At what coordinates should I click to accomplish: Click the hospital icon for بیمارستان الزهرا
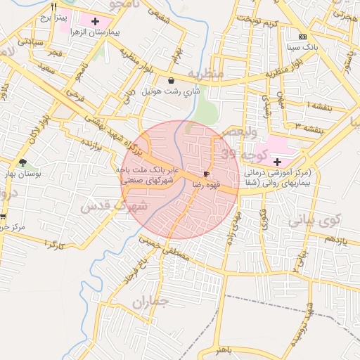pyautogui.click(x=95, y=21)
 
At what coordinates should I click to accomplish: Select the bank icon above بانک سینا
pyautogui.click(x=302, y=37)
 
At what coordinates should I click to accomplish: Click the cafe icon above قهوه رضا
pyautogui.click(x=206, y=173)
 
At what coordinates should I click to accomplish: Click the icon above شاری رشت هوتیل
pyautogui.click(x=172, y=81)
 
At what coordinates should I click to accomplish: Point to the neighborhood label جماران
pyautogui.click(x=150, y=302)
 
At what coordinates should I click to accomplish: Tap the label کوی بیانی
pyautogui.click(x=314, y=219)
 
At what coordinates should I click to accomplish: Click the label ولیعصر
pyautogui.click(x=240, y=131)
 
